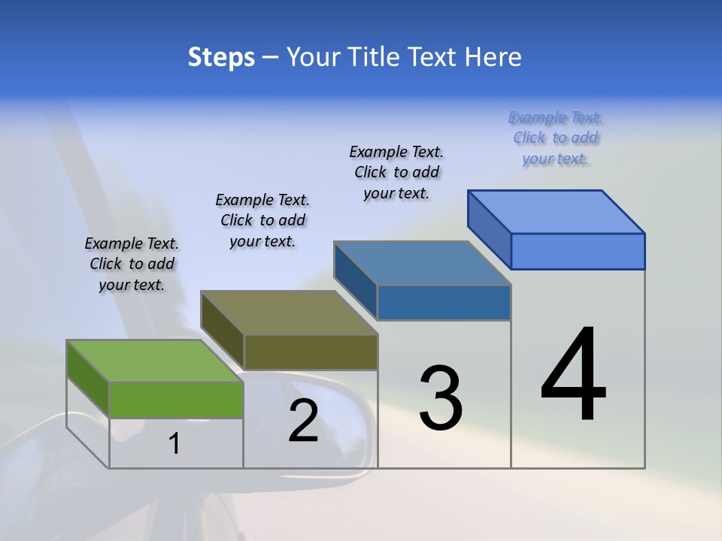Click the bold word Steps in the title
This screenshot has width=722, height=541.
point(221,57)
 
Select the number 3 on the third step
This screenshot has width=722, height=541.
point(441,397)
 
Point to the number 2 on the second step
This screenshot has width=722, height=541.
point(304,421)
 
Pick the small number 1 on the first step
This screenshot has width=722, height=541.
point(174,444)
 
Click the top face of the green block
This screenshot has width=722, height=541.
point(155,361)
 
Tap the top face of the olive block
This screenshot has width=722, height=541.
point(289,313)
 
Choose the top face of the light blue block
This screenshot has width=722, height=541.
point(557,212)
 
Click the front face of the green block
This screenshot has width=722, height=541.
point(176,400)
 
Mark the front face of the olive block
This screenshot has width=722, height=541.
point(310,352)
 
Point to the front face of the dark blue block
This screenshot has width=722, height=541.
point(444,302)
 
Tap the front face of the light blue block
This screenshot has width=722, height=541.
point(578,251)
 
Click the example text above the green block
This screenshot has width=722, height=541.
point(132,264)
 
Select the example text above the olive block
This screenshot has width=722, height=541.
point(262,220)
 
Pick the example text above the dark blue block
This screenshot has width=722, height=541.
point(396,172)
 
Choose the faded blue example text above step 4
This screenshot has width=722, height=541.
point(555,138)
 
